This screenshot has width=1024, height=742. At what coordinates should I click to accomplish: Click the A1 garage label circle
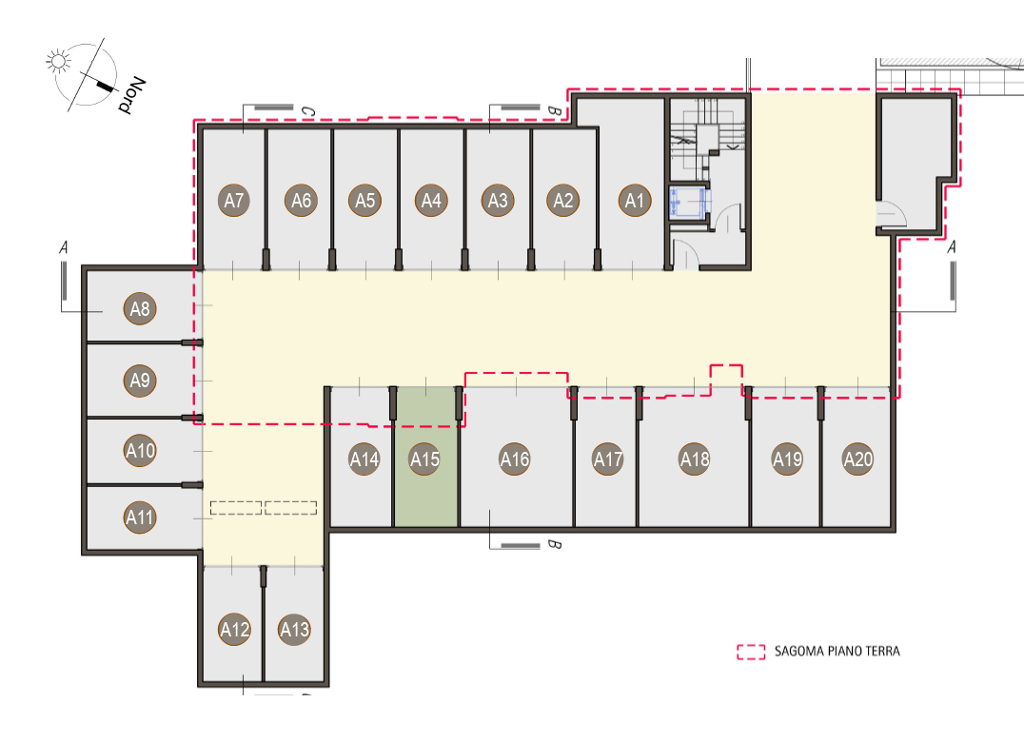635,201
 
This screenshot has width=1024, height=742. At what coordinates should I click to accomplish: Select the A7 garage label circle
234,201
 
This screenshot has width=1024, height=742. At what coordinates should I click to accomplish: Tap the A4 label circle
431,201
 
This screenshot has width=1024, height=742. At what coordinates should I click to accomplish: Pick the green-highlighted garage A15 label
424,459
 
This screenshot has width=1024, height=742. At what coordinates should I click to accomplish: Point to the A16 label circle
515,459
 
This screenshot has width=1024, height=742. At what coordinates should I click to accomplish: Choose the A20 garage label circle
858,459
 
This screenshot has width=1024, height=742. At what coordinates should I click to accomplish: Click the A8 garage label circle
140,308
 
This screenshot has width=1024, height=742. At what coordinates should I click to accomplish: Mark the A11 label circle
140,517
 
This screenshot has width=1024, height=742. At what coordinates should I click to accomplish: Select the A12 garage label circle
234,630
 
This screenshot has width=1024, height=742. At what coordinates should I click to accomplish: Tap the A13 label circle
294,630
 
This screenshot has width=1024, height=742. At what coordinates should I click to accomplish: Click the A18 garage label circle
695,459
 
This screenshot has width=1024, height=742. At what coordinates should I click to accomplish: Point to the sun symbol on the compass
58,62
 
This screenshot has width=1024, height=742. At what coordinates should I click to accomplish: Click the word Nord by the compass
132,95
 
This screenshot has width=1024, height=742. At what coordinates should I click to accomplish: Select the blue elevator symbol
687,202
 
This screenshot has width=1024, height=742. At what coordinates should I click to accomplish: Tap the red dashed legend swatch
751,652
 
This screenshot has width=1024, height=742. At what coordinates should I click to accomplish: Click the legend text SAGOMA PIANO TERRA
837,652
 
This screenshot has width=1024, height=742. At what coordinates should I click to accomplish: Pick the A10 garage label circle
140,450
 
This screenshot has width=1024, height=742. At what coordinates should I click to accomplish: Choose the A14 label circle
364,459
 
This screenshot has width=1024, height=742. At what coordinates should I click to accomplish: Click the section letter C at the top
307,112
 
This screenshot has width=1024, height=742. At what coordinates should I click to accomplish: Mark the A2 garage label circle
563,201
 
